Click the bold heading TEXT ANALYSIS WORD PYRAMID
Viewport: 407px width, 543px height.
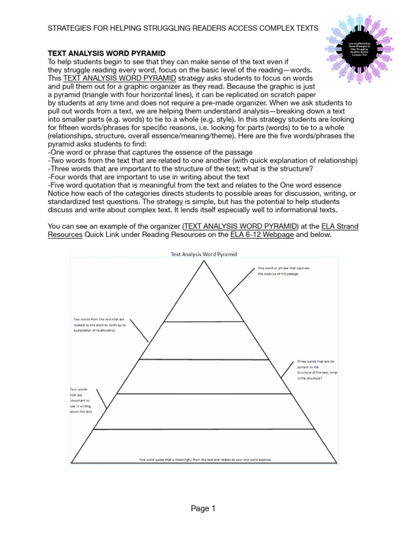107,54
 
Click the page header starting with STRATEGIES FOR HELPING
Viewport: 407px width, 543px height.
183,28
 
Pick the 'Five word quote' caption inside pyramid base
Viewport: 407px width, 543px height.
205,459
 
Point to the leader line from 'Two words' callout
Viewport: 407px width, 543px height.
139,330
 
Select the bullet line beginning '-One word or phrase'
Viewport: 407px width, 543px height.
151,152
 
